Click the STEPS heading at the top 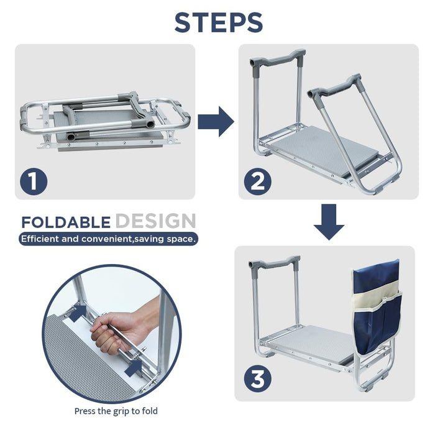(219, 22)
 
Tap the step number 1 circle (34, 181)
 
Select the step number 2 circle (257, 181)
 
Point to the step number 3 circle (257, 378)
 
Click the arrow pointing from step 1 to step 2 (216, 122)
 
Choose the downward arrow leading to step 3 (329, 222)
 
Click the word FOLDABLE (66, 222)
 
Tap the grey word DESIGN (155, 221)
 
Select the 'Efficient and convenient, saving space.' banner (109, 239)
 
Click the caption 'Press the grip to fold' (116, 411)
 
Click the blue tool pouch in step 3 (377, 306)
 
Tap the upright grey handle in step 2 (277, 58)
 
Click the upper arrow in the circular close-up (78, 313)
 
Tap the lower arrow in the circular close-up (134, 368)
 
